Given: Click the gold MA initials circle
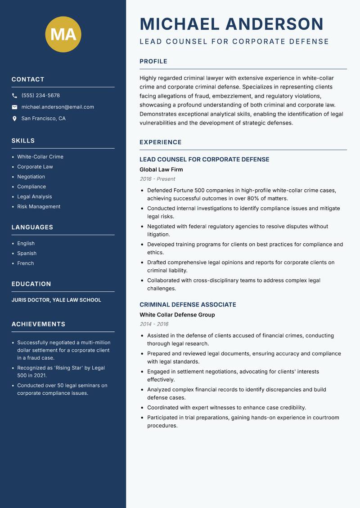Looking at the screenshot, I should (63, 34).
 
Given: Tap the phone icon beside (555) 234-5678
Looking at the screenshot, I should (14, 96).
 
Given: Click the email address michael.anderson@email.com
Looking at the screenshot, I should (58, 107).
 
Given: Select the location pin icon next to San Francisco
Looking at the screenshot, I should (14, 119).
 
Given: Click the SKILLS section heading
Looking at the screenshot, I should (23, 141).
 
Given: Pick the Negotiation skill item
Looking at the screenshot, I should (31, 177).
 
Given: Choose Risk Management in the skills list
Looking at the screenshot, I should (39, 206).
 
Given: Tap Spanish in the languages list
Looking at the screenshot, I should (27, 253).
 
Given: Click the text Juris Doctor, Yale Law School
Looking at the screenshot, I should (56, 300).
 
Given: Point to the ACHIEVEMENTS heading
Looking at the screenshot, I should (38, 324).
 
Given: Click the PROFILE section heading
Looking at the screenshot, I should (153, 62).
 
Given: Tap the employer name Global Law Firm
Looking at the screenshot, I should (161, 169).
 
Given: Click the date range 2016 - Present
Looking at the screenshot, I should (157, 179).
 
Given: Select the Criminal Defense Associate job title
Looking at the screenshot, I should (188, 304).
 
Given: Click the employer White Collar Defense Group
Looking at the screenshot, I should (177, 315).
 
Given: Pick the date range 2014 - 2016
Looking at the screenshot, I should (154, 324).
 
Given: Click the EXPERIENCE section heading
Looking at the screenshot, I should (161, 142).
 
